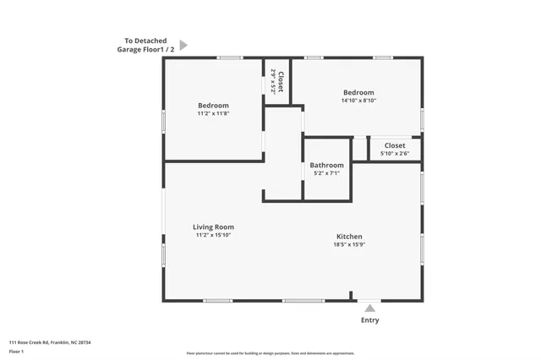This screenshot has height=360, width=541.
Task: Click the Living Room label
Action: tap(213, 226)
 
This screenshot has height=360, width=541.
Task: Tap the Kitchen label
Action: tap(349, 237)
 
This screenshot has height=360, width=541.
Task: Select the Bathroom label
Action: tap(326, 165)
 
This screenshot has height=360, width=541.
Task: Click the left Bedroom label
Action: tap(213, 105)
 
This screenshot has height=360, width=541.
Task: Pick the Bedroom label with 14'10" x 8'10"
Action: tap(358, 92)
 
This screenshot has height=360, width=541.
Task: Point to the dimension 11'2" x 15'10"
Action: tap(213, 235)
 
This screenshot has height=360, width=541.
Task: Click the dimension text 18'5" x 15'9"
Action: tap(349, 245)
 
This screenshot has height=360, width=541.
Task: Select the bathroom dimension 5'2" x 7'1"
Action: tap(326, 173)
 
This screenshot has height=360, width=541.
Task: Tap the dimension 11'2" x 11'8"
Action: tap(213, 113)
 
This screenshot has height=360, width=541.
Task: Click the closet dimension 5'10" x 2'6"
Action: tap(395, 154)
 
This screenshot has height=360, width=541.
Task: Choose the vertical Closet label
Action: tap(281, 82)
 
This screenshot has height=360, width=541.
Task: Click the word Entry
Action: tap(370, 320)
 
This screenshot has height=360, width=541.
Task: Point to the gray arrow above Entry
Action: tap(369, 308)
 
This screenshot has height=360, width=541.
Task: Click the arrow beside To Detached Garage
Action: tap(183, 45)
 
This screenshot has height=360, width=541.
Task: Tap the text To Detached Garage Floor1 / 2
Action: tap(145, 45)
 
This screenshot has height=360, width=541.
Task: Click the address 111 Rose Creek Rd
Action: tap(50, 342)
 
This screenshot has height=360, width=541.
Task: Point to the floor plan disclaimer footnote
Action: tap(270, 353)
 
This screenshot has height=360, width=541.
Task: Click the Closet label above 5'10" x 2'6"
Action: tap(395, 145)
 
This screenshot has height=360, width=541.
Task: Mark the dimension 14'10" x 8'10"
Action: tap(358, 101)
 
